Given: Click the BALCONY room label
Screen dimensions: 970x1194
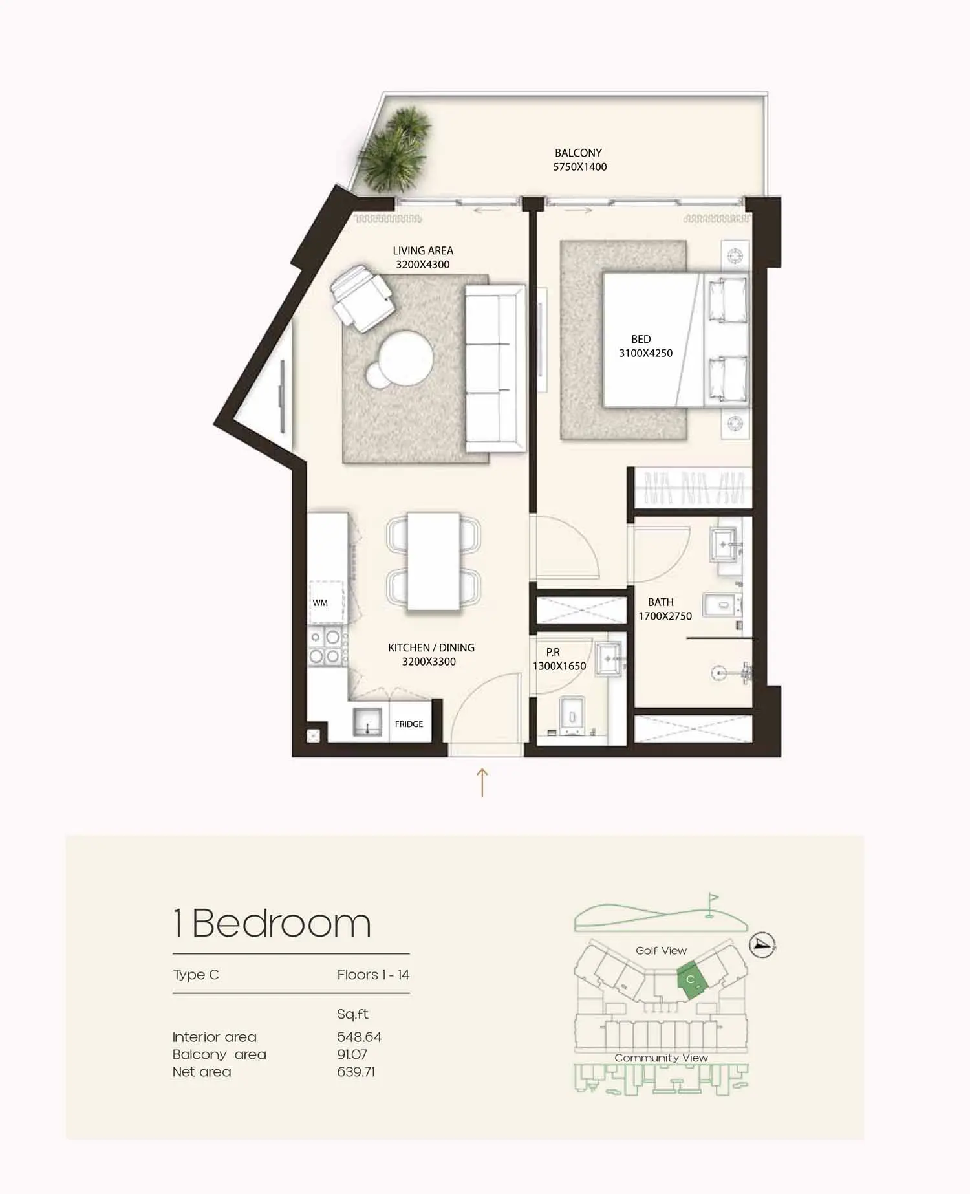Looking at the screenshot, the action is (x=578, y=153).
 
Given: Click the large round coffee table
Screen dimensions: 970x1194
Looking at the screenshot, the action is (x=405, y=358).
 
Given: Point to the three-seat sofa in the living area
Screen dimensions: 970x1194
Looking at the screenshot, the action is (x=495, y=368).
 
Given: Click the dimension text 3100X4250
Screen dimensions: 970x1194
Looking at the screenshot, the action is (x=645, y=353).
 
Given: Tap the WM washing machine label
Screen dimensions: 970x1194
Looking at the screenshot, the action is (x=320, y=603).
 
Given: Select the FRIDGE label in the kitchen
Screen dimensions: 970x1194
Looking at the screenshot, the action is (x=409, y=724).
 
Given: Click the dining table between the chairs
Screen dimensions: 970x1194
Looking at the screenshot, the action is (x=433, y=561).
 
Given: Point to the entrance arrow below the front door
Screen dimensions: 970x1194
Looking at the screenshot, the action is (x=482, y=782).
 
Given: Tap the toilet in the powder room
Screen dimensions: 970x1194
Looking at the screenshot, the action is (x=572, y=715).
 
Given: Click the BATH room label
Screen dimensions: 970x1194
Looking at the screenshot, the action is (x=661, y=602).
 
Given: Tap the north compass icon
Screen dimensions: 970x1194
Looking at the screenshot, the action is (x=762, y=945).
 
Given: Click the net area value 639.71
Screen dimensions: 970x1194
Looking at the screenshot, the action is (x=356, y=1072).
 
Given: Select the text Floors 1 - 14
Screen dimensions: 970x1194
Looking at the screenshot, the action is (x=373, y=975).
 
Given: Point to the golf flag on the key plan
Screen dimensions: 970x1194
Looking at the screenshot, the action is (x=711, y=904).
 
